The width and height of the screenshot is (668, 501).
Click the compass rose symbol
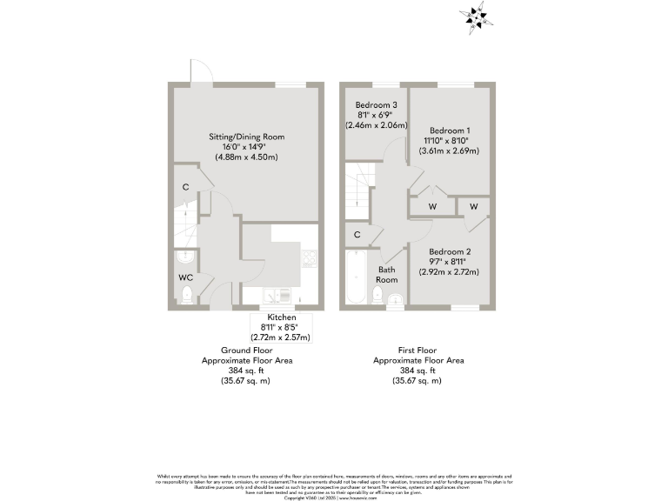click(x=474, y=16)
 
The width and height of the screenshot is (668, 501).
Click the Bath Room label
click(x=387, y=275)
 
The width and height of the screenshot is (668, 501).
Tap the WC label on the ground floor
click(x=184, y=277)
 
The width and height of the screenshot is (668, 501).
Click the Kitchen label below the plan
click(x=282, y=317)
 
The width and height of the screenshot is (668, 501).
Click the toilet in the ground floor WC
click(x=185, y=297)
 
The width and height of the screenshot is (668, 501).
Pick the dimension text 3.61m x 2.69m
click(x=451, y=150)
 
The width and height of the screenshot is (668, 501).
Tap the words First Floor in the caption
click(x=418, y=350)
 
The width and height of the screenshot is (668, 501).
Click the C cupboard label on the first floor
click(x=357, y=235)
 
